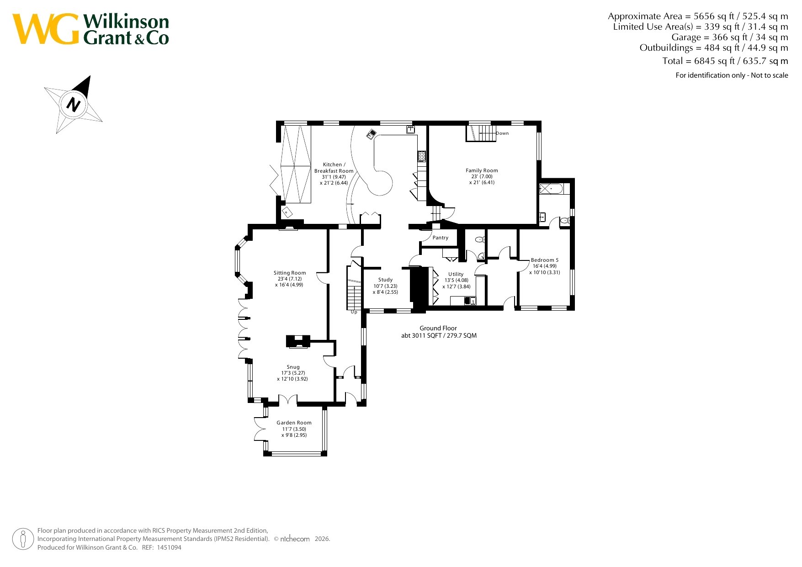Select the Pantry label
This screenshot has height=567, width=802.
pos(441,238)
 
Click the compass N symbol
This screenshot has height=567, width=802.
pos(73,104)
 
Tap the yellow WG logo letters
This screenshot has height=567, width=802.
pos(46,29)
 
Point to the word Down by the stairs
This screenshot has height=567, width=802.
pos(502,133)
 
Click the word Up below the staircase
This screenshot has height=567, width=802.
pos(354,313)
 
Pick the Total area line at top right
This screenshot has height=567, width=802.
pos(725,61)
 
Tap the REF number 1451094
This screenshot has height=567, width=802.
pos(169,547)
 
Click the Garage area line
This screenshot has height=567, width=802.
pos(730,37)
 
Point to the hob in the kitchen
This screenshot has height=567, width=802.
pos(421,156)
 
